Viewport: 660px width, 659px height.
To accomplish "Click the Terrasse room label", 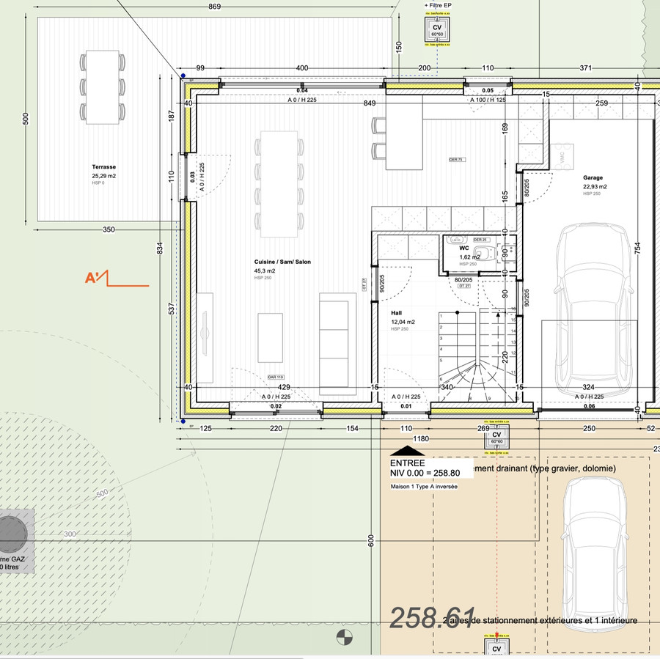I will tap(104, 167).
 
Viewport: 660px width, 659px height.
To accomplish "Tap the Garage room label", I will tap(593, 177).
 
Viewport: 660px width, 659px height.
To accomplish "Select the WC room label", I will tap(464, 248).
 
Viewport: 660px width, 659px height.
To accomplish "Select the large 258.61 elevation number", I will tap(432, 617).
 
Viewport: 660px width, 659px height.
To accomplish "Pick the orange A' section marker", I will tap(97, 278).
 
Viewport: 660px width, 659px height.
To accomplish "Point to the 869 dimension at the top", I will tap(214, 7).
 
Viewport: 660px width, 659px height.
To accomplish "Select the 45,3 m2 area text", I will tap(265, 270).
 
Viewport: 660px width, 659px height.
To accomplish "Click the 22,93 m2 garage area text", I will tap(595, 186).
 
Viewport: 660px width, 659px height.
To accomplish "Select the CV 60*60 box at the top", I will tap(437, 29).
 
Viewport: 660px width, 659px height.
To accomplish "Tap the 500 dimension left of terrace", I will tap(26, 119).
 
